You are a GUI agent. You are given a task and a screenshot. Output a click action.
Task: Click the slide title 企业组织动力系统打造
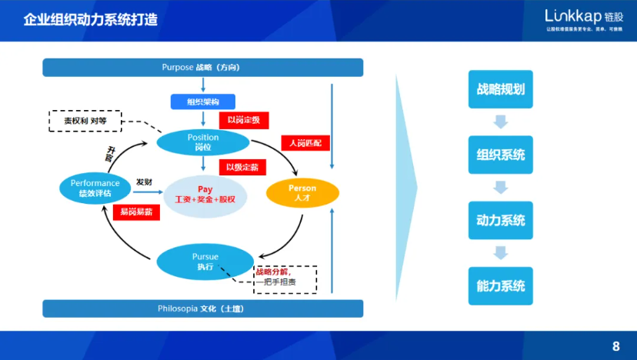click(x=91, y=20)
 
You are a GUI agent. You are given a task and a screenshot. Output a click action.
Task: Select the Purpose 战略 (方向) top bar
click(x=202, y=68)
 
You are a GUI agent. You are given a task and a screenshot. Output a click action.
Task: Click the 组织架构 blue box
click(x=203, y=102)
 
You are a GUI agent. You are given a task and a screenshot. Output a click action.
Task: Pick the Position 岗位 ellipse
click(x=203, y=142)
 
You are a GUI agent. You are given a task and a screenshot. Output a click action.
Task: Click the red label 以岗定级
click(x=243, y=121)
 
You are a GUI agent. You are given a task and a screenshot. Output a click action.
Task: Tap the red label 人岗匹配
click(x=306, y=143)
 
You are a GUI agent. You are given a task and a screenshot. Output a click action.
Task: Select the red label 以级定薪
click(x=243, y=167)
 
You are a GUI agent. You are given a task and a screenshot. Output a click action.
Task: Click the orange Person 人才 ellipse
click(x=302, y=192)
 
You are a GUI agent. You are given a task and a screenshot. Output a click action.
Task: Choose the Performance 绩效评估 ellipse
click(x=95, y=188)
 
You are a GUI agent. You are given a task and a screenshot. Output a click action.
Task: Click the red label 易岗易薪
click(x=136, y=212)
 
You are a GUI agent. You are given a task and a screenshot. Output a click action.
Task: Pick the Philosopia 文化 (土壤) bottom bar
click(x=202, y=308)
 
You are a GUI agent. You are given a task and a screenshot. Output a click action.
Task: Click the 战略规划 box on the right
click(x=500, y=89)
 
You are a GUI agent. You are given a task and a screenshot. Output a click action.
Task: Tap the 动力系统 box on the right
click(x=500, y=220)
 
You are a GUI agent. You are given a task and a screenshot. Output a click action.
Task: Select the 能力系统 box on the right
click(x=500, y=285)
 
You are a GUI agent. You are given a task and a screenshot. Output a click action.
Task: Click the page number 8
click(x=615, y=346)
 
